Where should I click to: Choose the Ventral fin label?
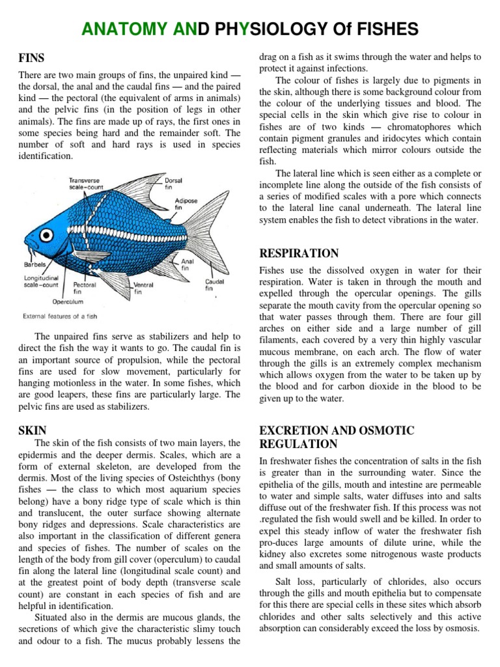coord(143,288)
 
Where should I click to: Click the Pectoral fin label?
coord(85,288)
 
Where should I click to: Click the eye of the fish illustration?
coord(40,228)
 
